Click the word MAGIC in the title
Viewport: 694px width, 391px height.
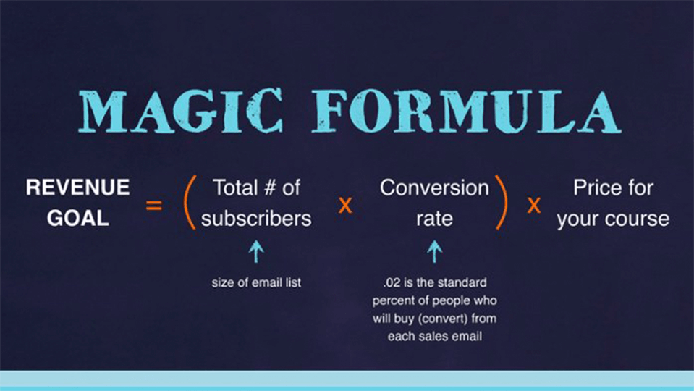pyautogui.click(x=181, y=111)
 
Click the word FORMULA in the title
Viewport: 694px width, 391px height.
pyautogui.click(x=466, y=111)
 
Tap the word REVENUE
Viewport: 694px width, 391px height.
pyautogui.click(x=77, y=188)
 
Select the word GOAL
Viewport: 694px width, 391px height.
pyautogui.click(x=78, y=218)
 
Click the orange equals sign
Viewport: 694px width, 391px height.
pyautogui.click(x=154, y=206)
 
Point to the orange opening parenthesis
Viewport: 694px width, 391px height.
pyautogui.click(x=189, y=202)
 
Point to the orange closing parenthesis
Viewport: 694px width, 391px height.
pyautogui.click(x=502, y=202)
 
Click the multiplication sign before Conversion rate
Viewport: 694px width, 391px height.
pyautogui.click(x=345, y=205)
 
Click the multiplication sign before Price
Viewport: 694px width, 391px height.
pyautogui.click(x=534, y=205)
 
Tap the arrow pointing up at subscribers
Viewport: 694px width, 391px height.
pyautogui.click(x=256, y=251)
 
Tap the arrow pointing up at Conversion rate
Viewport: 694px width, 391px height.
pyautogui.click(x=435, y=251)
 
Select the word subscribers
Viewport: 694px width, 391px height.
pyautogui.click(x=256, y=219)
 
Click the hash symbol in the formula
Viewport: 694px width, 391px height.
pyautogui.click(x=269, y=188)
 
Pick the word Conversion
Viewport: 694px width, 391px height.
pyautogui.click(x=434, y=188)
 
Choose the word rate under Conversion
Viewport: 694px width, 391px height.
pyautogui.click(x=434, y=219)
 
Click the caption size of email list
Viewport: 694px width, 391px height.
pyautogui.click(x=256, y=282)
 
